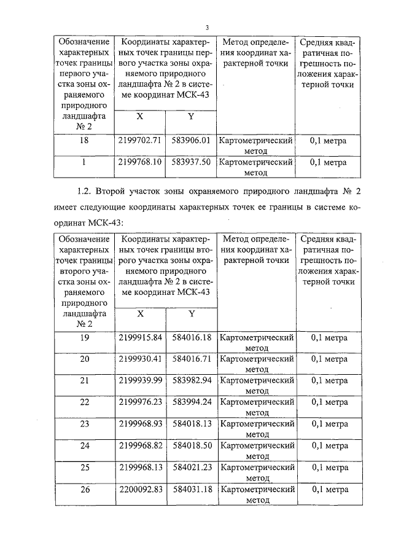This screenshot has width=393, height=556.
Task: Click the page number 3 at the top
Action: point(208,27)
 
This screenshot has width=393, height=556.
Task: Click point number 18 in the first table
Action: point(85,140)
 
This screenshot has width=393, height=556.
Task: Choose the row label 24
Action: point(85,445)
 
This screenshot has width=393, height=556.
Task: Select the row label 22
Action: point(85,402)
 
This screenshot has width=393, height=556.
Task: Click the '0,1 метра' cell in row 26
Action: point(329,489)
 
